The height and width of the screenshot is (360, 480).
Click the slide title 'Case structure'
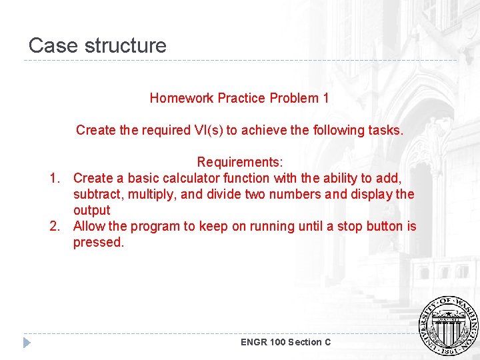[97, 45]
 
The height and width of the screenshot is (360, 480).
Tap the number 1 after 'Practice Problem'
[326, 98]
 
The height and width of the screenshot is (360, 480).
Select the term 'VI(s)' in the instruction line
[208, 130]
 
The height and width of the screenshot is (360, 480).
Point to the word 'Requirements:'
[240, 162]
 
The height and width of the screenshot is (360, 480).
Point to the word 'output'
[91, 210]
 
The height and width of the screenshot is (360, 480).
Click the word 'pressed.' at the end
[99, 242]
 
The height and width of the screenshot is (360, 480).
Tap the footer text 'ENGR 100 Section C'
[285, 342]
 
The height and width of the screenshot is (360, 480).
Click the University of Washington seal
[447, 325]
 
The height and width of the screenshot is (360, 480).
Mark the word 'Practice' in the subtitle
[241, 98]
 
